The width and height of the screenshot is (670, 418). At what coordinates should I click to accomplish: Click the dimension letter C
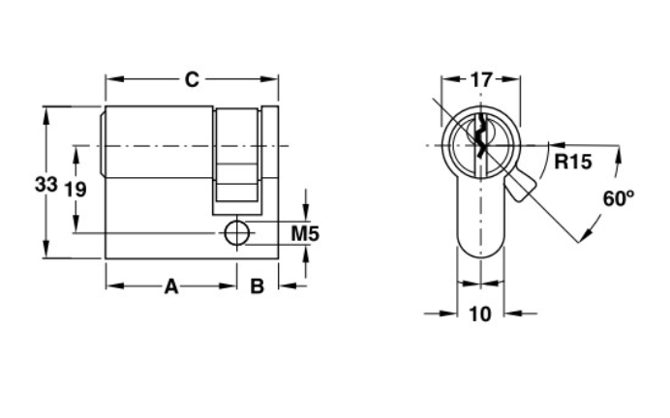coord(192,79)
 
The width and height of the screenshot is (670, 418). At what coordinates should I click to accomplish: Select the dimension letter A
coord(171,286)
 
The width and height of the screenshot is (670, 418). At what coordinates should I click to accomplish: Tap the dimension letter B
coord(257,286)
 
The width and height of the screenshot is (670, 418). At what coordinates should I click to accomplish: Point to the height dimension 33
coord(46,185)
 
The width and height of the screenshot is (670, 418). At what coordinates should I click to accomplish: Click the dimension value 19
coord(76,189)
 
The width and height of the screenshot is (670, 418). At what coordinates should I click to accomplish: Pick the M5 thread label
coord(305,234)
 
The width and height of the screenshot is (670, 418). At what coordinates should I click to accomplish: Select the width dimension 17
coord(481,80)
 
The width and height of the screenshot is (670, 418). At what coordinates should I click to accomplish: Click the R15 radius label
coord(573,162)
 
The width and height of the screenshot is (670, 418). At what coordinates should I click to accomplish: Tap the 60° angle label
coord(619,198)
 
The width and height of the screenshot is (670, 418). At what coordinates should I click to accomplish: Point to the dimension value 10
coord(480,314)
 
